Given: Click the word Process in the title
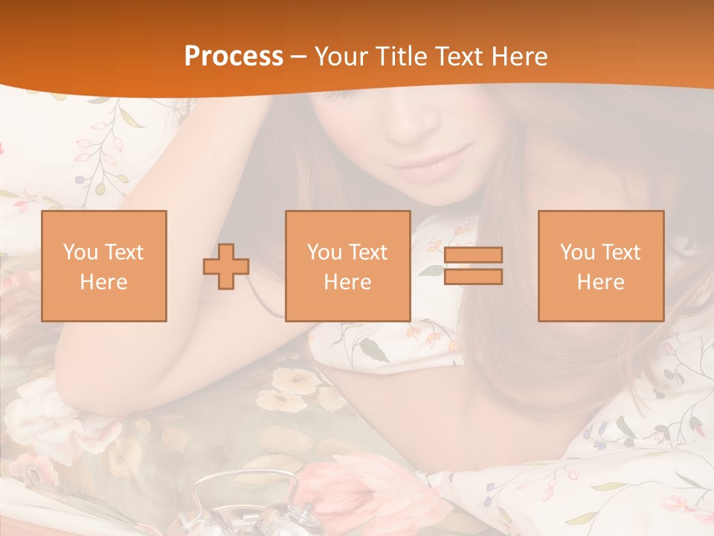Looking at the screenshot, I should tap(234, 57).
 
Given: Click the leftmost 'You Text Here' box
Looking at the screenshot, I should tap(104, 266).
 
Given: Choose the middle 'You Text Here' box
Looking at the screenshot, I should tap(348, 266).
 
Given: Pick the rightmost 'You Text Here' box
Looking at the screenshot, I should tap(601, 266).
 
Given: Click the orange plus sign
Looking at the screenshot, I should tap(226, 266).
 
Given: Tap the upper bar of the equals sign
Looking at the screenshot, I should tap(473, 255).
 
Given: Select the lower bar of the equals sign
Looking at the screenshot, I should tap(473, 277).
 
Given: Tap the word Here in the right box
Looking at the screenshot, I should tap(601, 281).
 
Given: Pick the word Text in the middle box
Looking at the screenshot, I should tap(368, 252).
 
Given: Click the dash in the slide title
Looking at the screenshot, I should tap(299, 57).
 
